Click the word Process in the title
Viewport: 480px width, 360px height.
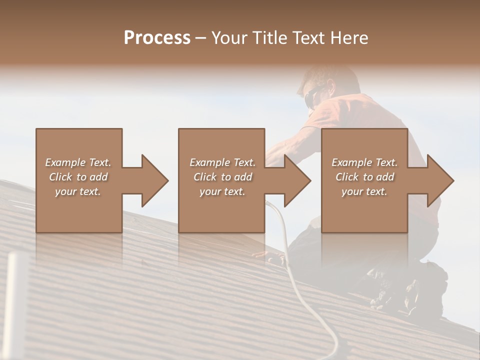pyautogui.click(x=157, y=38)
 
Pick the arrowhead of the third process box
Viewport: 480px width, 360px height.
pyautogui.click(x=439, y=180)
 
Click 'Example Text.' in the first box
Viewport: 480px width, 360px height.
pyautogui.click(x=78, y=162)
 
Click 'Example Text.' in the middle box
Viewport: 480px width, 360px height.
pyautogui.click(x=222, y=162)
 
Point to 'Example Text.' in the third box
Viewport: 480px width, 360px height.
pyautogui.click(x=364, y=162)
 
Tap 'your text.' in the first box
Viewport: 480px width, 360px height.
pyautogui.click(x=78, y=191)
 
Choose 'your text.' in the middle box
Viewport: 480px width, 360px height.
pyautogui.click(x=222, y=191)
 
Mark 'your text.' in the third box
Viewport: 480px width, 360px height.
pyautogui.click(x=364, y=191)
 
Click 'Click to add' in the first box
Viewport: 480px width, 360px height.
pyautogui.click(x=78, y=177)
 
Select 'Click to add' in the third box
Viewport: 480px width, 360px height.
pyautogui.click(x=364, y=177)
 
